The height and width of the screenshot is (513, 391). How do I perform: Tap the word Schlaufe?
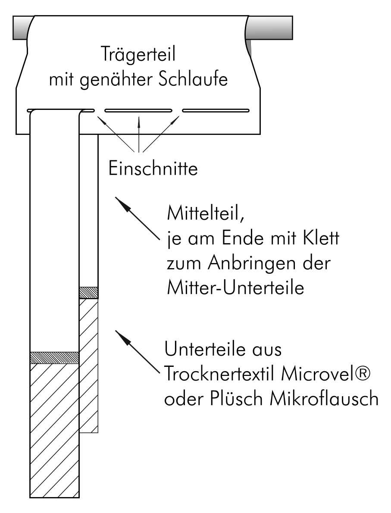coord(193,79)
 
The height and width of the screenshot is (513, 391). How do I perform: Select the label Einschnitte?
coord(153,169)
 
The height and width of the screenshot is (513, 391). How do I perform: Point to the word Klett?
coord(321,238)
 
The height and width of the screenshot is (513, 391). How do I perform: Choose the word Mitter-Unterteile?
coord(235,288)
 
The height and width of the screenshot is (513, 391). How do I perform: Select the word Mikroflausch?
coord(325,398)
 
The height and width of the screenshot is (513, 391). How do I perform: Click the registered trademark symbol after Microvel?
coord(363,373)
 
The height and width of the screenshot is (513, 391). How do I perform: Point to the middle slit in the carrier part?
coord(138,111)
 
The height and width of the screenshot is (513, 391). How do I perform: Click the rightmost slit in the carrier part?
coord(216,111)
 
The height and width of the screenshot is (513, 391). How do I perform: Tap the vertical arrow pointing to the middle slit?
coord(139,134)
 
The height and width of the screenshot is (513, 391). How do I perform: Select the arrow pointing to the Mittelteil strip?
coord(138,218)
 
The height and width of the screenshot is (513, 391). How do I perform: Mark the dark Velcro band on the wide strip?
coord(54,358)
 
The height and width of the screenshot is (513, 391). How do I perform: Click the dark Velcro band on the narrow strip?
coord(89,292)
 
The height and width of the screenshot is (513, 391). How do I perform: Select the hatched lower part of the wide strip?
coord(54,431)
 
